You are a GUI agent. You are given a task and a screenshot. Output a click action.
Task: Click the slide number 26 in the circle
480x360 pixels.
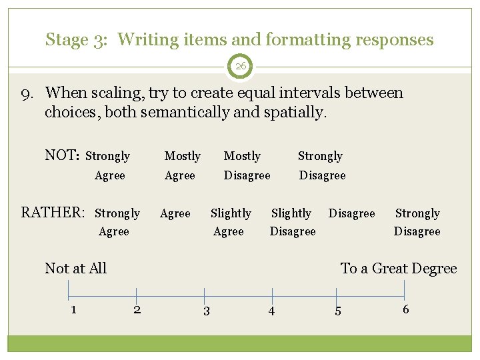pos(240,67)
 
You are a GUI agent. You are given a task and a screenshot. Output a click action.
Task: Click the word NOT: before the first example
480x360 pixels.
pos(62,155)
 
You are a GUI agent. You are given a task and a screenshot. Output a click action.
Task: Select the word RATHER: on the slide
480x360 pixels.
pos(53,213)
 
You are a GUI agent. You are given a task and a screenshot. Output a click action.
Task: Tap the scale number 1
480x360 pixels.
pos(73,309)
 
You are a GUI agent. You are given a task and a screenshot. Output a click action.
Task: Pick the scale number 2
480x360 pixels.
pos(137,309)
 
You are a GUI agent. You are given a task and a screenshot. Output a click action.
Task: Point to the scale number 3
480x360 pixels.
pos(206,311)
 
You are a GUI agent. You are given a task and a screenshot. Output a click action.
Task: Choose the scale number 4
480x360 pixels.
pos(271,311)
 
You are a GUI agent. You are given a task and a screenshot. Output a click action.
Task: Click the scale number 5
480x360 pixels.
pos(337,311)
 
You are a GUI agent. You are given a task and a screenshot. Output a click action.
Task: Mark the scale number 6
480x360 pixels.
pos(405,309)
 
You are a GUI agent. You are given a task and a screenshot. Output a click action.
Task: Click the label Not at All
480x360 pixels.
pos(75,268)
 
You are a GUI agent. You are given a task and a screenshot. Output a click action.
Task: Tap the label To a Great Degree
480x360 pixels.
pos(399,269)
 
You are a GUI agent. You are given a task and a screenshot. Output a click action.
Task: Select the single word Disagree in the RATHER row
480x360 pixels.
pos(351,213)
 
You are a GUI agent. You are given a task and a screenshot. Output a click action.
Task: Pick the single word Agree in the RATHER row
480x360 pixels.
pos(175,213)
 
